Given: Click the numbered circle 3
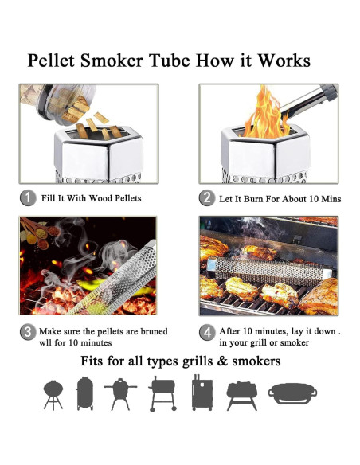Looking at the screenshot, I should pyautogui.click(x=27, y=331).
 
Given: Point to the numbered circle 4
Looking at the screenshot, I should pyautogui.click(x=206, y=331).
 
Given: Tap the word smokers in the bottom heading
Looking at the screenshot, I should pyautogui.click(x=252, y=361).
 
